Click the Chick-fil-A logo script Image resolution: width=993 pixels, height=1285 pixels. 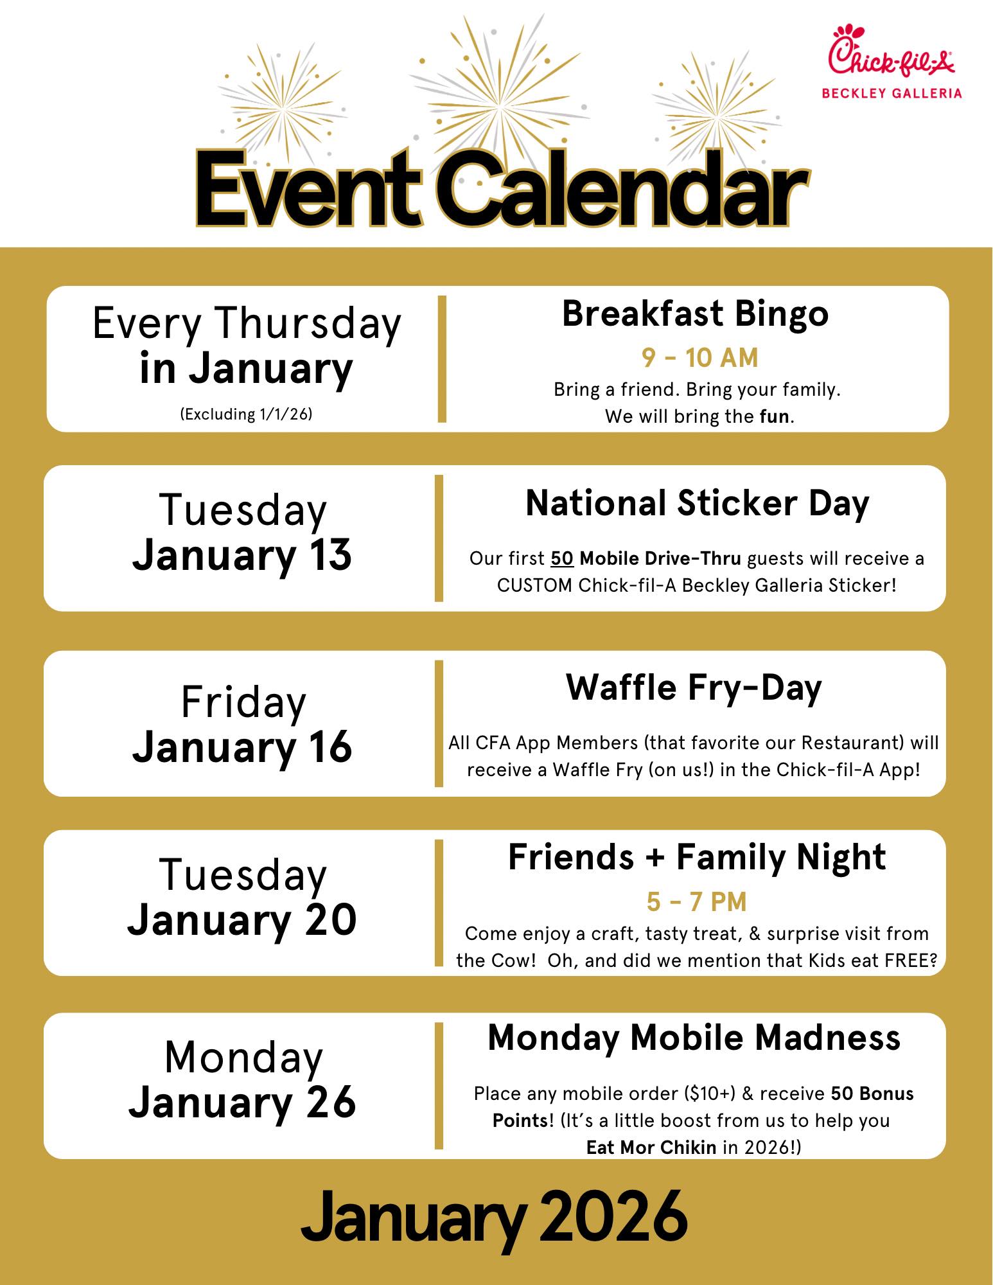[891, 51]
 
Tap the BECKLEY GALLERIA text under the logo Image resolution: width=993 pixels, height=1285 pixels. [892, 93]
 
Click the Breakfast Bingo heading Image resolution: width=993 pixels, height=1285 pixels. [696, 314]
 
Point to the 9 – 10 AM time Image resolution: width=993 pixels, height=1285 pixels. [699, 358]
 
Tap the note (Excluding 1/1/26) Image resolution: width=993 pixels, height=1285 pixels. [246, 414]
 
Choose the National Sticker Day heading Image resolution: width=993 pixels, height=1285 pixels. [697, 503]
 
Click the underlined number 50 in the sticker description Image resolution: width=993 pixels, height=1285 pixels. [562, 558]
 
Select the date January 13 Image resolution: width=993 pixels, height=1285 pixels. [242, 555]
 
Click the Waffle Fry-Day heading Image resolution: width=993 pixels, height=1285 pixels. [694, 688]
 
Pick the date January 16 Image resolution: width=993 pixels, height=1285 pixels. [242, 747]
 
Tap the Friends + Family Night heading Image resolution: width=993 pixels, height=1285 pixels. [697, 857]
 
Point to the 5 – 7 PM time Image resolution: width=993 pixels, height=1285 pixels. [697, 902]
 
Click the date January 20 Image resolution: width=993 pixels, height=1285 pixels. [242, 919]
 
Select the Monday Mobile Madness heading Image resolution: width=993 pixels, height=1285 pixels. [694, 1038]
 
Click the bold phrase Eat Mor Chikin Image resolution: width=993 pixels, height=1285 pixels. [651, 1148]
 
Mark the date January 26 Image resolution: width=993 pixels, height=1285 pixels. [242, 1101]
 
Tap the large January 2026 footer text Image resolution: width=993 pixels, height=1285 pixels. [494, 1217]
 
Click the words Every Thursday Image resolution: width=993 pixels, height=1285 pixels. [247, 323]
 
